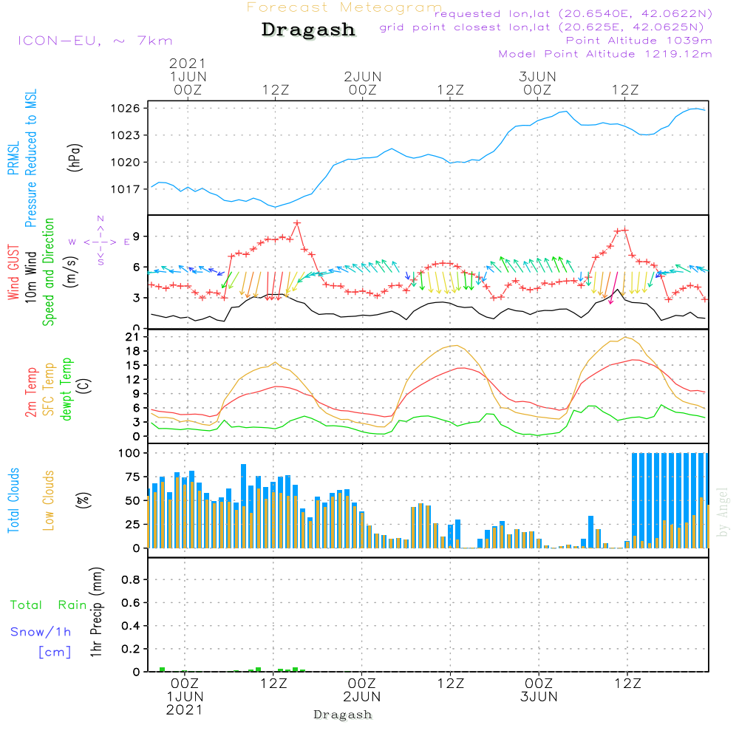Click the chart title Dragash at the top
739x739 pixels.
tap(308, 30)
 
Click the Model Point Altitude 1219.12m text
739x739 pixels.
tap(605, 54)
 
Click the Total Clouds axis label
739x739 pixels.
tap(13, 500)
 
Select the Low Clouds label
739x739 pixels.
tap(49, 500)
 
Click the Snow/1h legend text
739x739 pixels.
tap(41, 632)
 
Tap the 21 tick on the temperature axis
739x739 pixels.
tap(134, 337)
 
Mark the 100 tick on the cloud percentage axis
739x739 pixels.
tap(130, 453)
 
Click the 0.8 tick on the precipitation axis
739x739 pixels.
tap(131, 580)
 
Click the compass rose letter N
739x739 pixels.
tap(101, 219)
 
